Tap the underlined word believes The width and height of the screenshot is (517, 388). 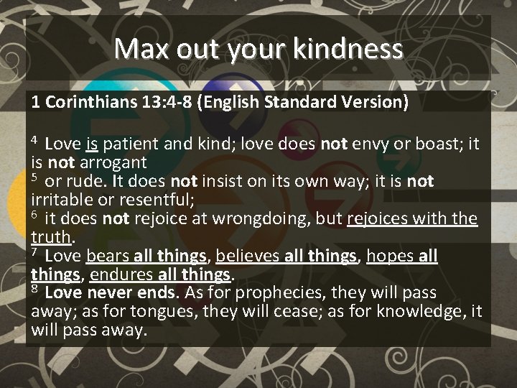pyautogui.click(x=248, y=256)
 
